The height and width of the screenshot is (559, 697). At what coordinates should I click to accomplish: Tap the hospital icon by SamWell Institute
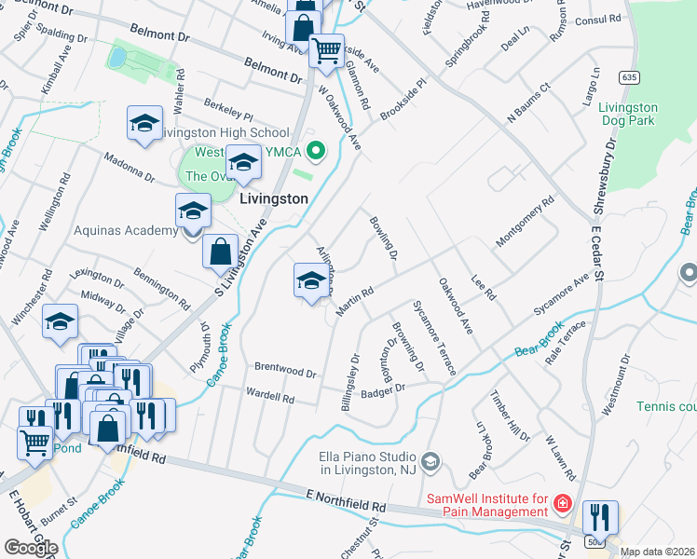(x=561, y=504)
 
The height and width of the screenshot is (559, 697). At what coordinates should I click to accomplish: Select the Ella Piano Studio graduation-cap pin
(x=430, y=460)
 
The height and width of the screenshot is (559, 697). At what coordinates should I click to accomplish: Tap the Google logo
(x=30, y=548)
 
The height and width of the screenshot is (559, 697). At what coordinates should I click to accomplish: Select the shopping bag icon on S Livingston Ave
(x=221, y=252)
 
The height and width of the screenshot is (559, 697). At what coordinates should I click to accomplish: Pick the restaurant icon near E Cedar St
(x=600, y=518)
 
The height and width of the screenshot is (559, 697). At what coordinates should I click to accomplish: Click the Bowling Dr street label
(x=384, y=238)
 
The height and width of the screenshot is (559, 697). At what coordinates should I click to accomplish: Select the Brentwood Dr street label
(x=285, y=371)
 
